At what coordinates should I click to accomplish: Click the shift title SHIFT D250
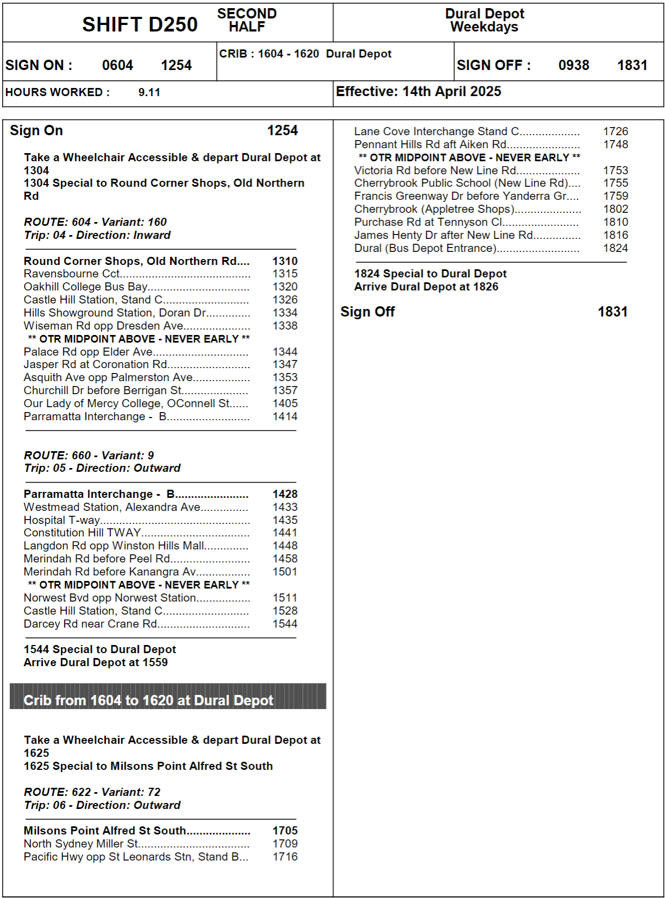pyautogui.click(x=140, y=24)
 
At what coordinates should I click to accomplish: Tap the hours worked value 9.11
pyautogui.click(x=149, y=92)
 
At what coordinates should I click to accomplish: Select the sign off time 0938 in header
pyautogui.click(x=573, y=65)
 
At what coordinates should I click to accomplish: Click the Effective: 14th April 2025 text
pyautogui.click(x=419, y=92)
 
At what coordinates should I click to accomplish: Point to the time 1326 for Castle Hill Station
pyautogui.click(x=285, y=300)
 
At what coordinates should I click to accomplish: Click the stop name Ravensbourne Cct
pyautogui.click(x=72, y=274)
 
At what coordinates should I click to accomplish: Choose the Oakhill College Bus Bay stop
pyautogui.click(x=86, y=287)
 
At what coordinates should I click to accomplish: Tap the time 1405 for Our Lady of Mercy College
pyautogui.click(x=285, y=403)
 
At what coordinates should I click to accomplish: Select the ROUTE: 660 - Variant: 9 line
pyautogui.click(x=89, y=456)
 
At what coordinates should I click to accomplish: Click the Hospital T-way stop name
pyautogui.click(x=62, y=520)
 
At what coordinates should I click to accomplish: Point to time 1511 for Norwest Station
pyautogui.click(x=285, y=598)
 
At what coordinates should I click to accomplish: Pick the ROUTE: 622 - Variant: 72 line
pyautogui.click(x=92, y=792)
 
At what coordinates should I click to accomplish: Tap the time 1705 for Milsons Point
pyautogui.click(x=285, y=831)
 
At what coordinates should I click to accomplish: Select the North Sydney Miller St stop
pyautogui.click(x=81, y=844)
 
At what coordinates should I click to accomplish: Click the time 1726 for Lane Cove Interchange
pyautogui.click(x=616, y=131)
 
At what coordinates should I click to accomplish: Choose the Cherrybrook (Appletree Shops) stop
pyautogui.click(x=434, y=209)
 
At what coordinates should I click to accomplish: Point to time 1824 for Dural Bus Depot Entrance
pyautogui.click(x=616, y=248)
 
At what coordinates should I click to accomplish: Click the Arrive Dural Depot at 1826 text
pyautogui.click(x=426, y=287)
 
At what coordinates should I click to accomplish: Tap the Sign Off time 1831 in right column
pyautogui.click(x=612, y=312)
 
